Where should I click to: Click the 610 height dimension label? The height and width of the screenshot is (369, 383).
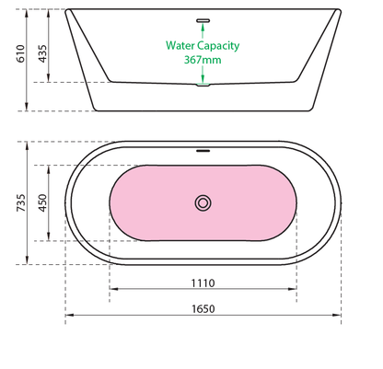[x=20, y=53]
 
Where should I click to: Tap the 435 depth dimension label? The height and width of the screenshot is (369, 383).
[x=42, y=53]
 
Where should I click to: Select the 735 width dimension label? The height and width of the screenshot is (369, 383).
[x=21, y=202]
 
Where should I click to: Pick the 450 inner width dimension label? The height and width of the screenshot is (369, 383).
[x=42, y=202]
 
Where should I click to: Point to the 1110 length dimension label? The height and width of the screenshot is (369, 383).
[x=203, y=283]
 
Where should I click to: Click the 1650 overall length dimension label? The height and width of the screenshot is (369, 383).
[x=203, y=309]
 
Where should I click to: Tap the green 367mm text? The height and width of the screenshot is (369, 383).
[x=203, y=60]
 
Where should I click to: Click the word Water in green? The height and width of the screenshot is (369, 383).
[x=180, y=45]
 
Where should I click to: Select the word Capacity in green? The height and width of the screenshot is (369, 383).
[x=218, y=46]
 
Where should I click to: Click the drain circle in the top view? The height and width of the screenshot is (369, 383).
[x=203, y=202]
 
